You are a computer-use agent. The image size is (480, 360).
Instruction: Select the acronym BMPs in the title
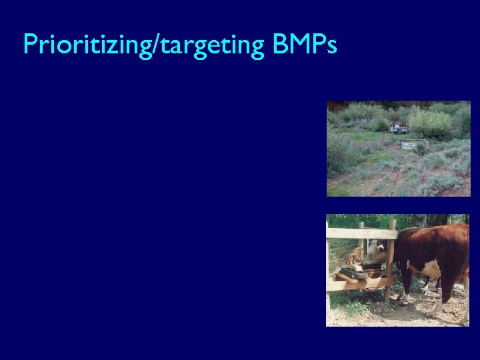click(x=305, y=44)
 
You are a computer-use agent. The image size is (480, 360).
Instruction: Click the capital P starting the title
click(x=29, y=44)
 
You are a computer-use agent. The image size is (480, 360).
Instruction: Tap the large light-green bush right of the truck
click(x=430, y=123)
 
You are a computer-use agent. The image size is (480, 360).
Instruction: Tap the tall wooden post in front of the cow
click(x=389, y=260)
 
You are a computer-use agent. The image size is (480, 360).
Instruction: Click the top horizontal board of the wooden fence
click(x=360, y=233)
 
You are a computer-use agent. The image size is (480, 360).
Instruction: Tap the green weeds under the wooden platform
click(x=347, y=303)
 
